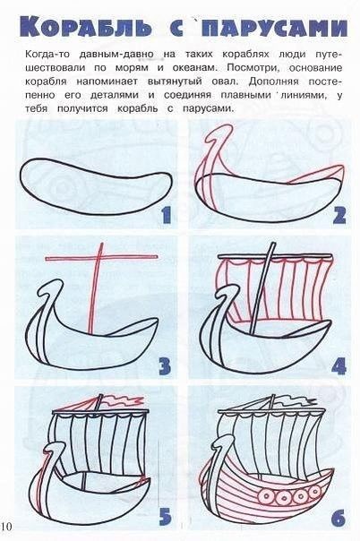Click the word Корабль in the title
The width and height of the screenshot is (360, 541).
[x=85, y=26]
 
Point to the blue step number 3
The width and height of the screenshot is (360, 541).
[x=165, y=366]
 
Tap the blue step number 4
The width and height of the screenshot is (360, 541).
[x=339, y=366]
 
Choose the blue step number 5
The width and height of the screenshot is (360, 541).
[x=165, y=517]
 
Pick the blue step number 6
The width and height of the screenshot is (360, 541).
[x=339, y=517]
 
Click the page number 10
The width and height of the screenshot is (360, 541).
[x=6, y=526]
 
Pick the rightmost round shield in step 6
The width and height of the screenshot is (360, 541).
[x=315, y=490]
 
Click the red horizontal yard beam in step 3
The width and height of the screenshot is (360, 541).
[x=102, y=257]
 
